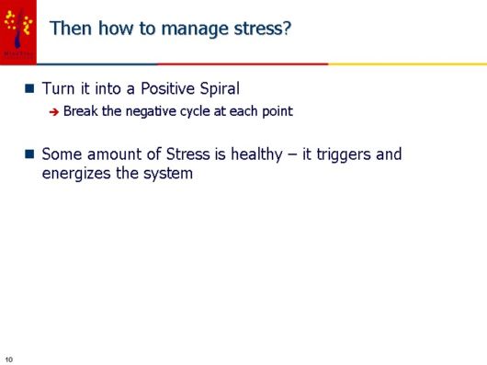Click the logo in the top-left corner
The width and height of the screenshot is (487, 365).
click(x=18, y=30)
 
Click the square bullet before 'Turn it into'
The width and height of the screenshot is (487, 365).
click(x=29, y=89)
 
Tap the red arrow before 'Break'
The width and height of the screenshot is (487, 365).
click(x=54, y=112)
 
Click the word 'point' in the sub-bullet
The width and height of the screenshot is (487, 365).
click(x=277, y=111)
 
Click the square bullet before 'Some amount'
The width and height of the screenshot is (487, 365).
click(x=29, y=154)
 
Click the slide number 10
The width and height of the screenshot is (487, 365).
click(x=9, y=357)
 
